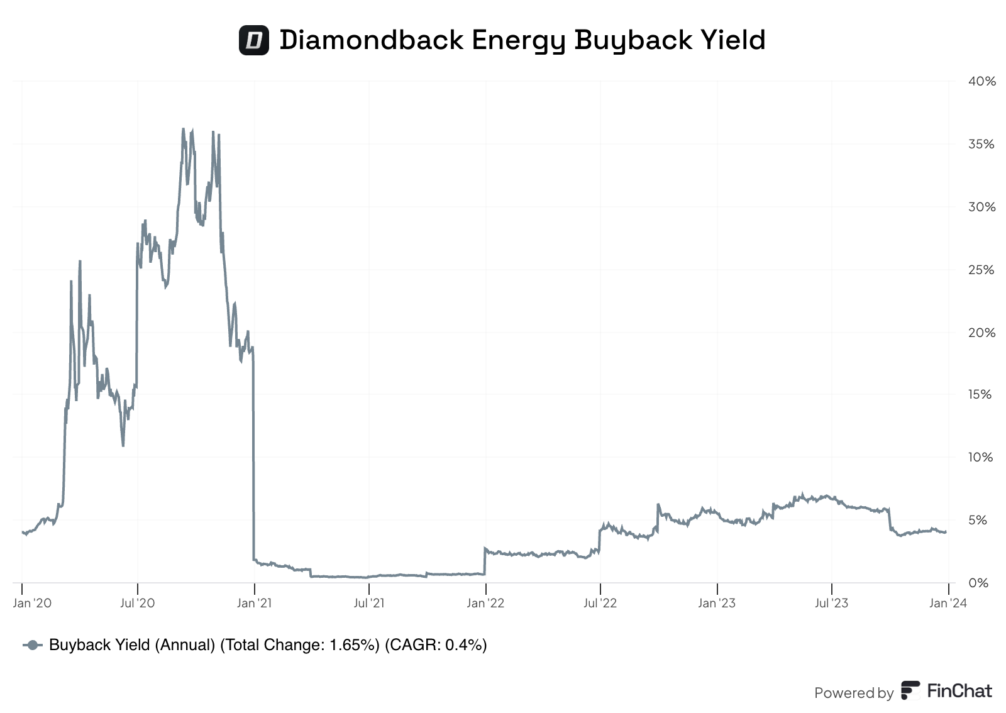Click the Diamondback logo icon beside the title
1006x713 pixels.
click(254, 40)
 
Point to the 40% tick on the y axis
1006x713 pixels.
click(981, 81)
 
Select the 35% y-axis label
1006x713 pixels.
click(981, 144)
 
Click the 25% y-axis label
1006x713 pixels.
click(981, 270)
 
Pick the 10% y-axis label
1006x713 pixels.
click(981, 457)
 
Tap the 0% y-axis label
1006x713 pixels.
click(978, 583)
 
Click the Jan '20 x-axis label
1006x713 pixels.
click(32, 603)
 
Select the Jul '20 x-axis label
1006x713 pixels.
click(137, 603)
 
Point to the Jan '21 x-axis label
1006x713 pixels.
click(254, 603)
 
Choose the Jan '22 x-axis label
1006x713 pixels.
click(485, 603)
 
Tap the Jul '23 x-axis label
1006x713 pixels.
click(831, 603)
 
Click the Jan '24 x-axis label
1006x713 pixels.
click(948, 603)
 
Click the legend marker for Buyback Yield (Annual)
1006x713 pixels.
click(33, 645)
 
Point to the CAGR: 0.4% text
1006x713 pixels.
click(436, 645)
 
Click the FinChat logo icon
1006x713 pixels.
click(910, 690)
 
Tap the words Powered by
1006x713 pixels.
click(854, 693)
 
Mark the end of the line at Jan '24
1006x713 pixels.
click(946, 532)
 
